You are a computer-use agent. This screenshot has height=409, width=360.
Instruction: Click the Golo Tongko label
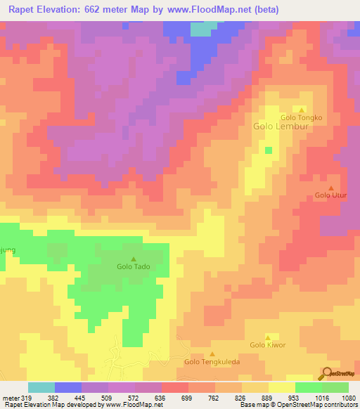click(x=301, y=117)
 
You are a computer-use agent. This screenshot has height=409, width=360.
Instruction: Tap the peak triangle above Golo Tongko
click(x=302, y=110)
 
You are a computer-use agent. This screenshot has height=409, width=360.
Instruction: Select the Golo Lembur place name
click(x=277, y=128)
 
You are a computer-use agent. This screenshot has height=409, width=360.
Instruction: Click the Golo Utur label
click(x=329, y=195)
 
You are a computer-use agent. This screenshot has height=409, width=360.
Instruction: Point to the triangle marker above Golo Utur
click(x=331, y=187)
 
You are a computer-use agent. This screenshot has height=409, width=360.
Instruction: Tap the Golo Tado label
click(x=133, y=267)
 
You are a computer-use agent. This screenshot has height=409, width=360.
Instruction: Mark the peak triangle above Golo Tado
click(x=134, y=259)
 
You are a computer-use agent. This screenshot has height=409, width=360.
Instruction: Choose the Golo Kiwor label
click(x=267, y=345)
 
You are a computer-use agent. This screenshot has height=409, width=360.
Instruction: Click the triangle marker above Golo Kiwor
click(x=268, y=337)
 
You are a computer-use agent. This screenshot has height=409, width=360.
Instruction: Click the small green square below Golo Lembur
click(x=268, y=150)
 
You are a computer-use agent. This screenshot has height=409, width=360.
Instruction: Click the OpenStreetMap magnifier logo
click(x=326, y=372)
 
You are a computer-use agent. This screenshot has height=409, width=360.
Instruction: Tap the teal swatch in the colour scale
click(x=41, y=387)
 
